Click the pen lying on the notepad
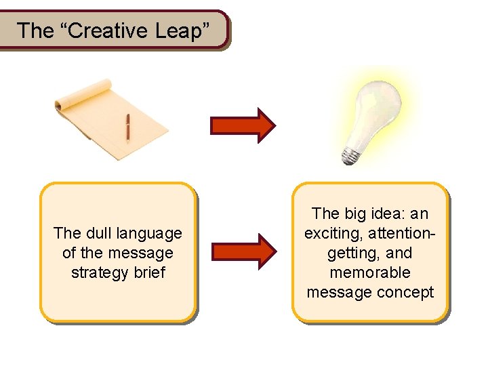tap(127, 127)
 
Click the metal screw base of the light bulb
tap(350, 155)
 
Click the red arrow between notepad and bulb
tap(243, 125)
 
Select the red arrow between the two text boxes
tap(243, 252)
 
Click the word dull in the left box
tap(98, 233)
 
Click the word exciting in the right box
tap(331, 233)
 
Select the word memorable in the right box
tap(370, 272)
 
